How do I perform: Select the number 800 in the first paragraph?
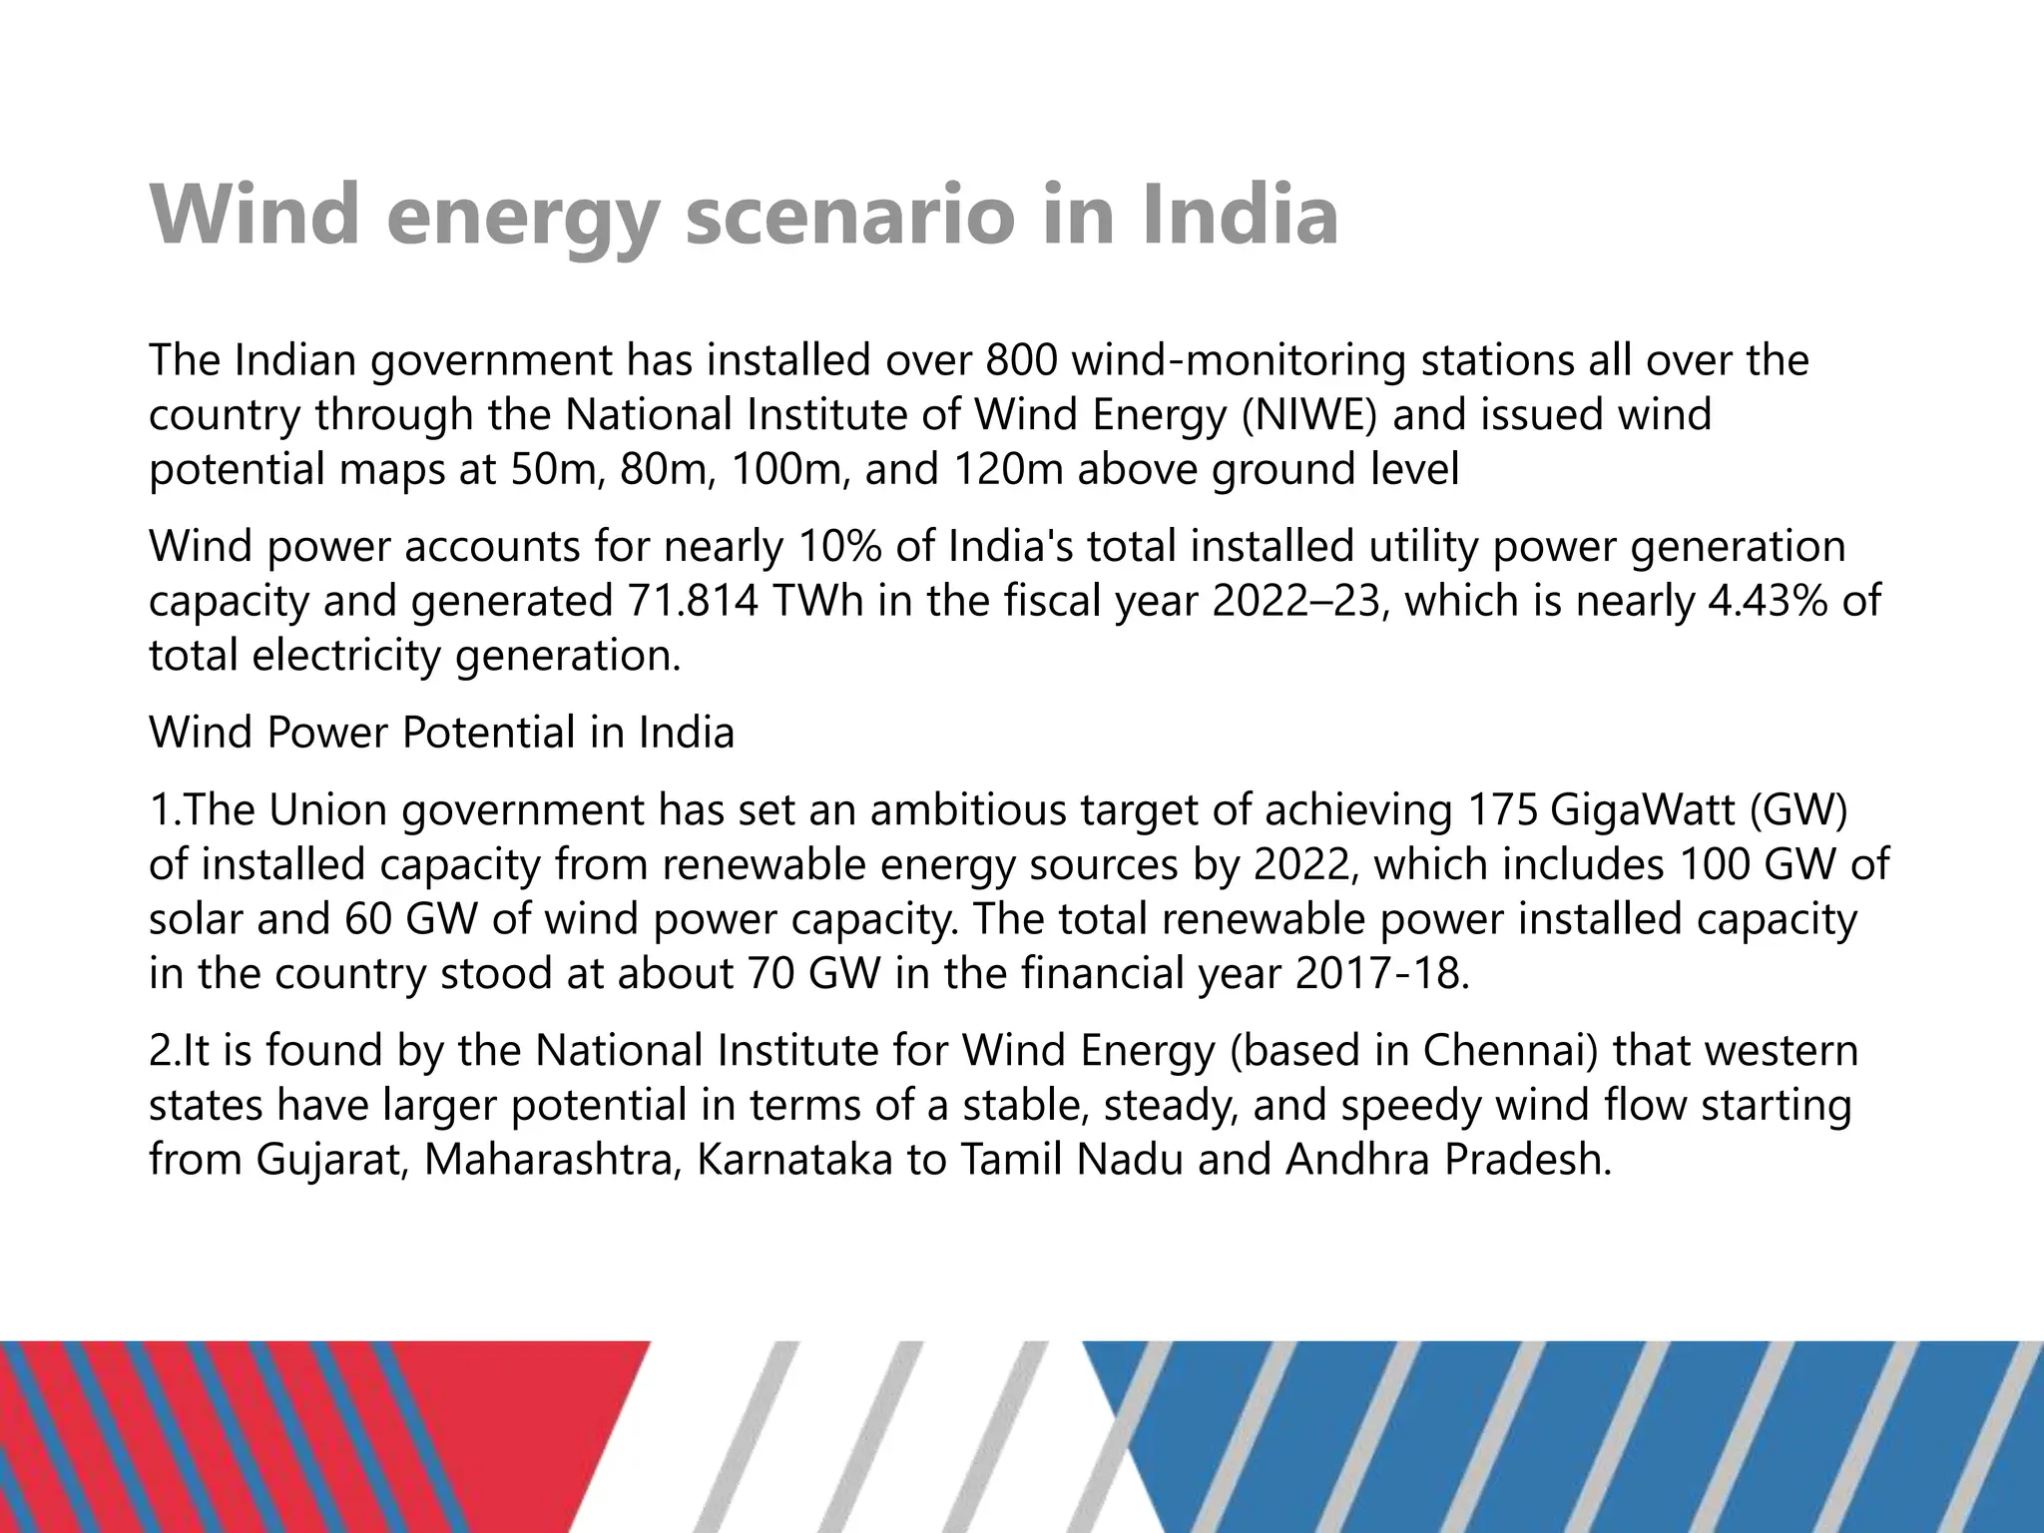tap(1022, 360)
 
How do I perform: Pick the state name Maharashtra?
tap(552, 1160)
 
